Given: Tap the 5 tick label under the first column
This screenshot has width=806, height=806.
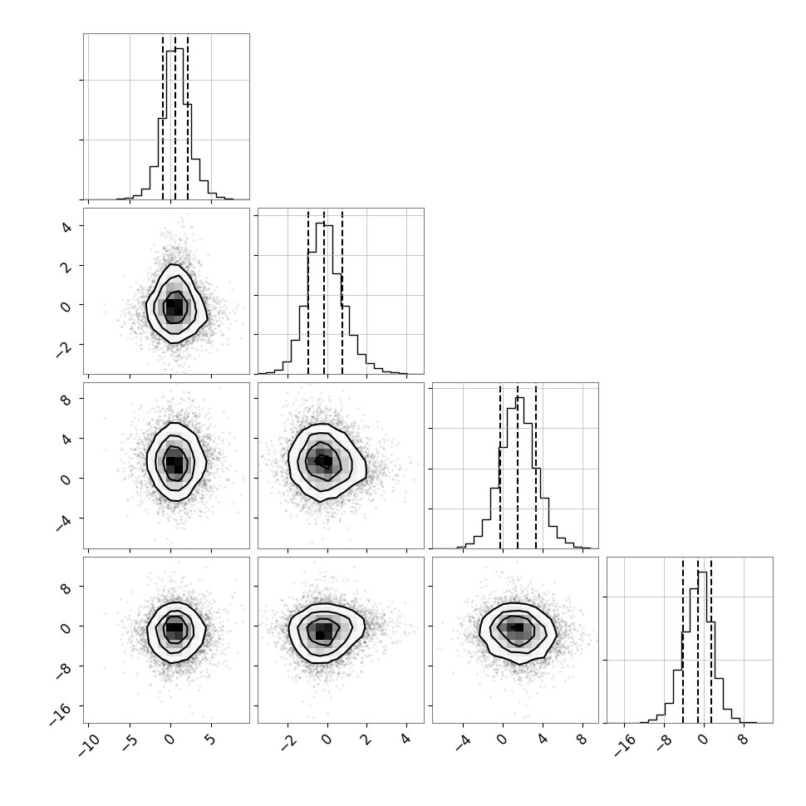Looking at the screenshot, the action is pos(209,740).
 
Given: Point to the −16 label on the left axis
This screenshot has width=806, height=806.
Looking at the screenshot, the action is pos(61,714).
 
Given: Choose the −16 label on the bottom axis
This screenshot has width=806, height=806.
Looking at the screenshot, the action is pos(624,746).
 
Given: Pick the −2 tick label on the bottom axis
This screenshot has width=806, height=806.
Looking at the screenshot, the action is pos(289,743).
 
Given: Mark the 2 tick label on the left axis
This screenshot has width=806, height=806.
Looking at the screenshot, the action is pos(66,266).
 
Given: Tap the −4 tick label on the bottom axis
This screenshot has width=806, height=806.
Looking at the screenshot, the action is pos(464,743).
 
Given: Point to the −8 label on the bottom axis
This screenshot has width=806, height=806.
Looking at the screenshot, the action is pos(665,743).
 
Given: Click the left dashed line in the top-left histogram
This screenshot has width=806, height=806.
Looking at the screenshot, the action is pos(163,116).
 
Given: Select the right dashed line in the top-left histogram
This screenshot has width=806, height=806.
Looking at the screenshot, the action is pos(188,116).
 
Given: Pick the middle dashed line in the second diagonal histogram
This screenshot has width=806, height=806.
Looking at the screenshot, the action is pos(324,292).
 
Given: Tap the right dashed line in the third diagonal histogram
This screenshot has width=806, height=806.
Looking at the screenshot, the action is pos(536,465).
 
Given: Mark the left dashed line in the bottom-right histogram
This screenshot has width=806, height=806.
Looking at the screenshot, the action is pos(683,640).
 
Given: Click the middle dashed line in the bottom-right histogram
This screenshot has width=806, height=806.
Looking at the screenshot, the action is pos(698,640).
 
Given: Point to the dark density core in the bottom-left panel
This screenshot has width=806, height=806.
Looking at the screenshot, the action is pos(174,627).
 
